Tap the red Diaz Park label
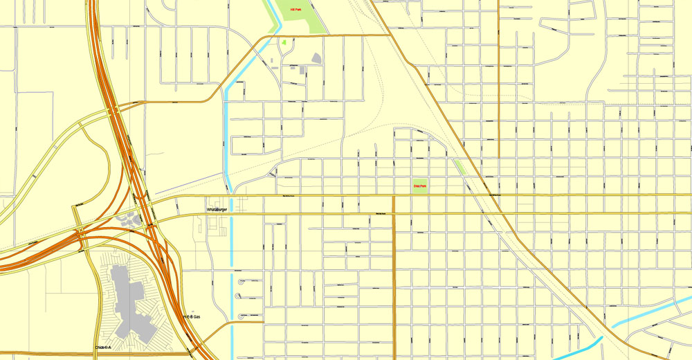tap(419, 186)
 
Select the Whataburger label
tap(217, 209)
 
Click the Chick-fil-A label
tap(103, 348)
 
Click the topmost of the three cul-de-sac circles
tap(242, 281)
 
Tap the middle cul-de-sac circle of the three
tap(239, 296)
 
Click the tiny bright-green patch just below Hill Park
tap(284, 43)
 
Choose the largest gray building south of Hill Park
tap(316, 58)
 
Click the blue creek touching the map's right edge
tap(650, 310)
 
